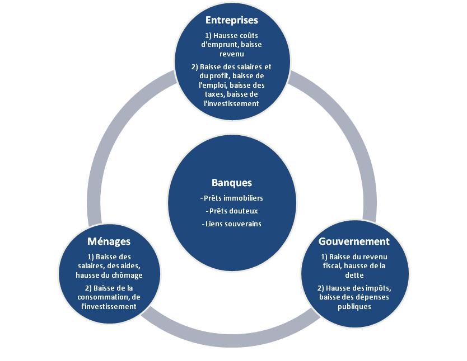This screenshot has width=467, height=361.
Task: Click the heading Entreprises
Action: (232, 20)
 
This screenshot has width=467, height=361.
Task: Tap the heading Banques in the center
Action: (232, 183)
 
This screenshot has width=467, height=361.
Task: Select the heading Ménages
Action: (109, 241)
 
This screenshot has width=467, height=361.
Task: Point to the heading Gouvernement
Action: (354, 241)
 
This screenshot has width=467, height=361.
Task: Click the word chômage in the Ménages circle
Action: (128, 275)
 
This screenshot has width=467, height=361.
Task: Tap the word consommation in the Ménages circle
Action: (106, 297)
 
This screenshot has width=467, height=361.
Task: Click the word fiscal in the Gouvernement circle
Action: (334, 266)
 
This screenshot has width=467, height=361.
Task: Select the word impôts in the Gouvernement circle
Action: (373, 288)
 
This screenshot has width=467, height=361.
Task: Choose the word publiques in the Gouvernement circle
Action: (354, 306)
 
